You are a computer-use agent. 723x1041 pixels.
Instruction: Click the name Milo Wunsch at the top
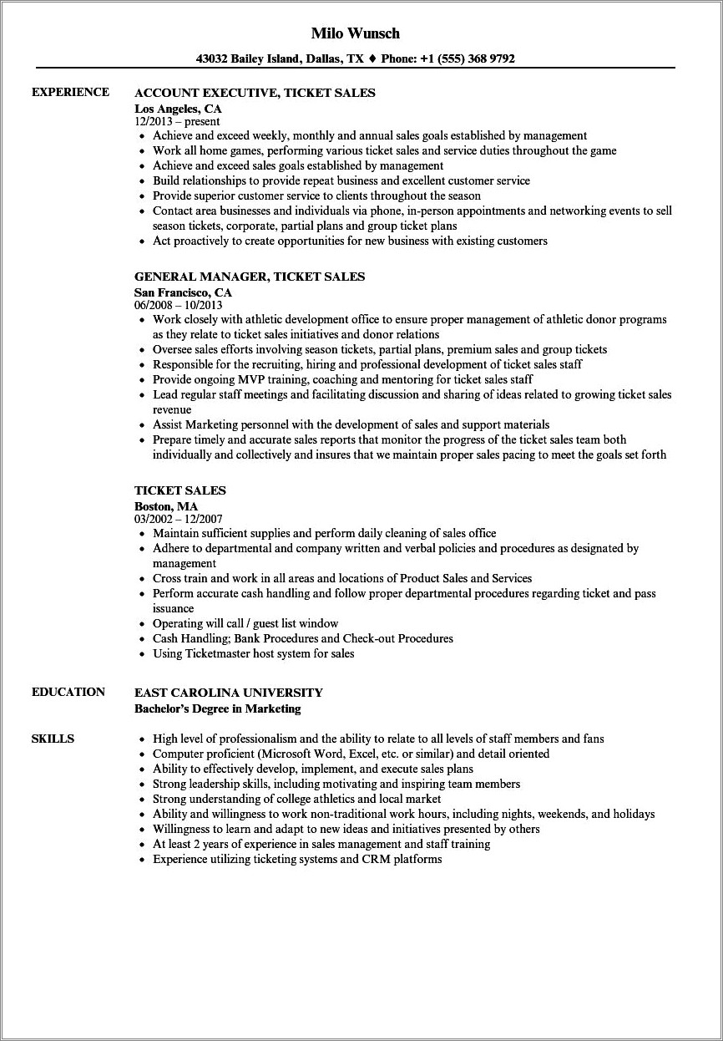pyautogui.click(x=355, y=33)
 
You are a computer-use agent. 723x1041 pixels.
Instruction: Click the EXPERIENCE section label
pyautogui.click(x=70, y=92)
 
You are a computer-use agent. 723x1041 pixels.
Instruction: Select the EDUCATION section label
pyautogui.click(x=68, y=692)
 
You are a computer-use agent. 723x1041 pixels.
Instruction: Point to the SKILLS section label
pyautogui.click(x=53, y=739)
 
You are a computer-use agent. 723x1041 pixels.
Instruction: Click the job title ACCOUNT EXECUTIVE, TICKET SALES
pyautogui.click(x=255, y=93)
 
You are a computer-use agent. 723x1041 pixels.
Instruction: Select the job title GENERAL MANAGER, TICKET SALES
pyautogui.click(x=250, y=277)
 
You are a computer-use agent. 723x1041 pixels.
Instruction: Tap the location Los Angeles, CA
pyautogui.click(x=178, y=108)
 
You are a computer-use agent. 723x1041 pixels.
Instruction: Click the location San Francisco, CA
pyautogui.click(x=183, y=292)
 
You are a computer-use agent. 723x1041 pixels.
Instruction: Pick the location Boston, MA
pyautogui.click(x=166, y=505)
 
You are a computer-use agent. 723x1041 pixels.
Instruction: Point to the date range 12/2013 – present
pyautogui.click(x=177, y=122)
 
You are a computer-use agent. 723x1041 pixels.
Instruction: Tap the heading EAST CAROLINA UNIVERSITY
pyautogui.click(x=228, y=693)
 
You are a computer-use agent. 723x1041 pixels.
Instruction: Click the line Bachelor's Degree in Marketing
pyautogui.click(x=217, y=708)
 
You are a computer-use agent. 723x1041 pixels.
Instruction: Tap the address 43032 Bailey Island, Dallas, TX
pyautogui.click(x=280, y=58)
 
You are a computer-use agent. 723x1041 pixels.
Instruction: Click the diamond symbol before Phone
pyautogui.click(x=372, y=58)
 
